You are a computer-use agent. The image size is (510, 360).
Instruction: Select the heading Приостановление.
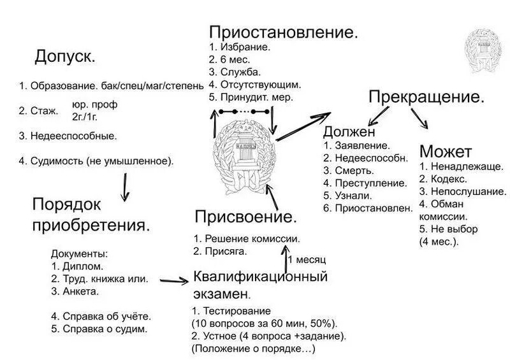pos(283,32)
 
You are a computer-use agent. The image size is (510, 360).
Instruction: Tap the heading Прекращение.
pos(426,97)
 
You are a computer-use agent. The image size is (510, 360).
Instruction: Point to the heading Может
pos(446,152)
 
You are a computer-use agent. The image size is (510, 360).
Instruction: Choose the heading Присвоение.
pos(246,217)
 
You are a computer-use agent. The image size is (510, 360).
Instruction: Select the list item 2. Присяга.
pos(221,251)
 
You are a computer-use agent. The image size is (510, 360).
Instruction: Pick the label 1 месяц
pos(307,260)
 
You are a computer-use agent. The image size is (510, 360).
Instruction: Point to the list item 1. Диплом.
pos(76,266)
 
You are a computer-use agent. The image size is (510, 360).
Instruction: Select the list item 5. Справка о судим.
pos(99,329)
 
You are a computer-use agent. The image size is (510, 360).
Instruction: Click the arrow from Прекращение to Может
pos(419,119)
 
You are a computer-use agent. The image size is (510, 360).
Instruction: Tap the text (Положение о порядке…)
pos(253,349)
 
